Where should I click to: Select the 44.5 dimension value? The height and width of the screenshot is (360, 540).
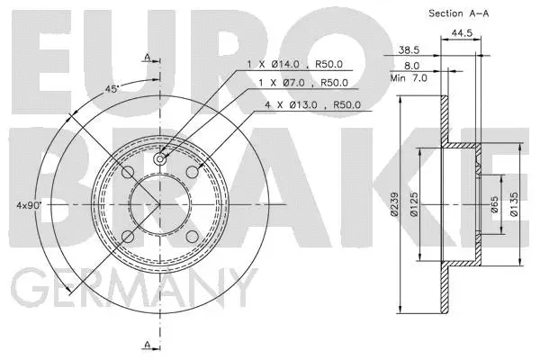pyautogui.click(x=462, y=33)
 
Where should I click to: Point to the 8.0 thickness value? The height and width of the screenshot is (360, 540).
pyautogui.click(x=413, y=65)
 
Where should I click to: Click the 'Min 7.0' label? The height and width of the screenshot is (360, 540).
pyautogui.click(x=407, y=77)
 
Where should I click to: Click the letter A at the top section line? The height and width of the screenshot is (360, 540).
pyautogui.click(x=145, y=57)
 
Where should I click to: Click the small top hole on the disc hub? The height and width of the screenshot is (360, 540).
pyautogui.click(x=159, y=159)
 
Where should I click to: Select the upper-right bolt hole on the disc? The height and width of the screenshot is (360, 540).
pyautogui.click(x=192, y=173)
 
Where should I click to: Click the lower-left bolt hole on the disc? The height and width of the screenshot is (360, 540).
pyautogui.click(x=128, y=237)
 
